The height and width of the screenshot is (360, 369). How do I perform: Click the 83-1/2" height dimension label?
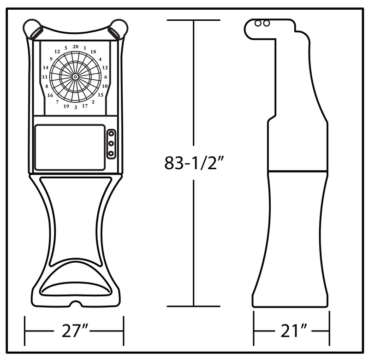click(194, 163)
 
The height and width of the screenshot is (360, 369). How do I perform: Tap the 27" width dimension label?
click(74, 331)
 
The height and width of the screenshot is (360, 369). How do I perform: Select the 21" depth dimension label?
click(294, 331)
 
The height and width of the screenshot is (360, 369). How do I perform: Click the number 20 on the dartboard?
click(75, 47)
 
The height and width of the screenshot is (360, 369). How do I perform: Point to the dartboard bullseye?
click(75, 77)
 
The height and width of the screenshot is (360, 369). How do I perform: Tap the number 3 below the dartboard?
click(76, 107)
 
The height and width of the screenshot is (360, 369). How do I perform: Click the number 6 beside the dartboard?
click(106, 77)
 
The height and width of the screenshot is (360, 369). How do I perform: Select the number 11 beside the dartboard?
click(45, 77)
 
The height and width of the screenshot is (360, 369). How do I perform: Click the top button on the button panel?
click(111, 134)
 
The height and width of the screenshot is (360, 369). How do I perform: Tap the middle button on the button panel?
click(111, 143)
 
